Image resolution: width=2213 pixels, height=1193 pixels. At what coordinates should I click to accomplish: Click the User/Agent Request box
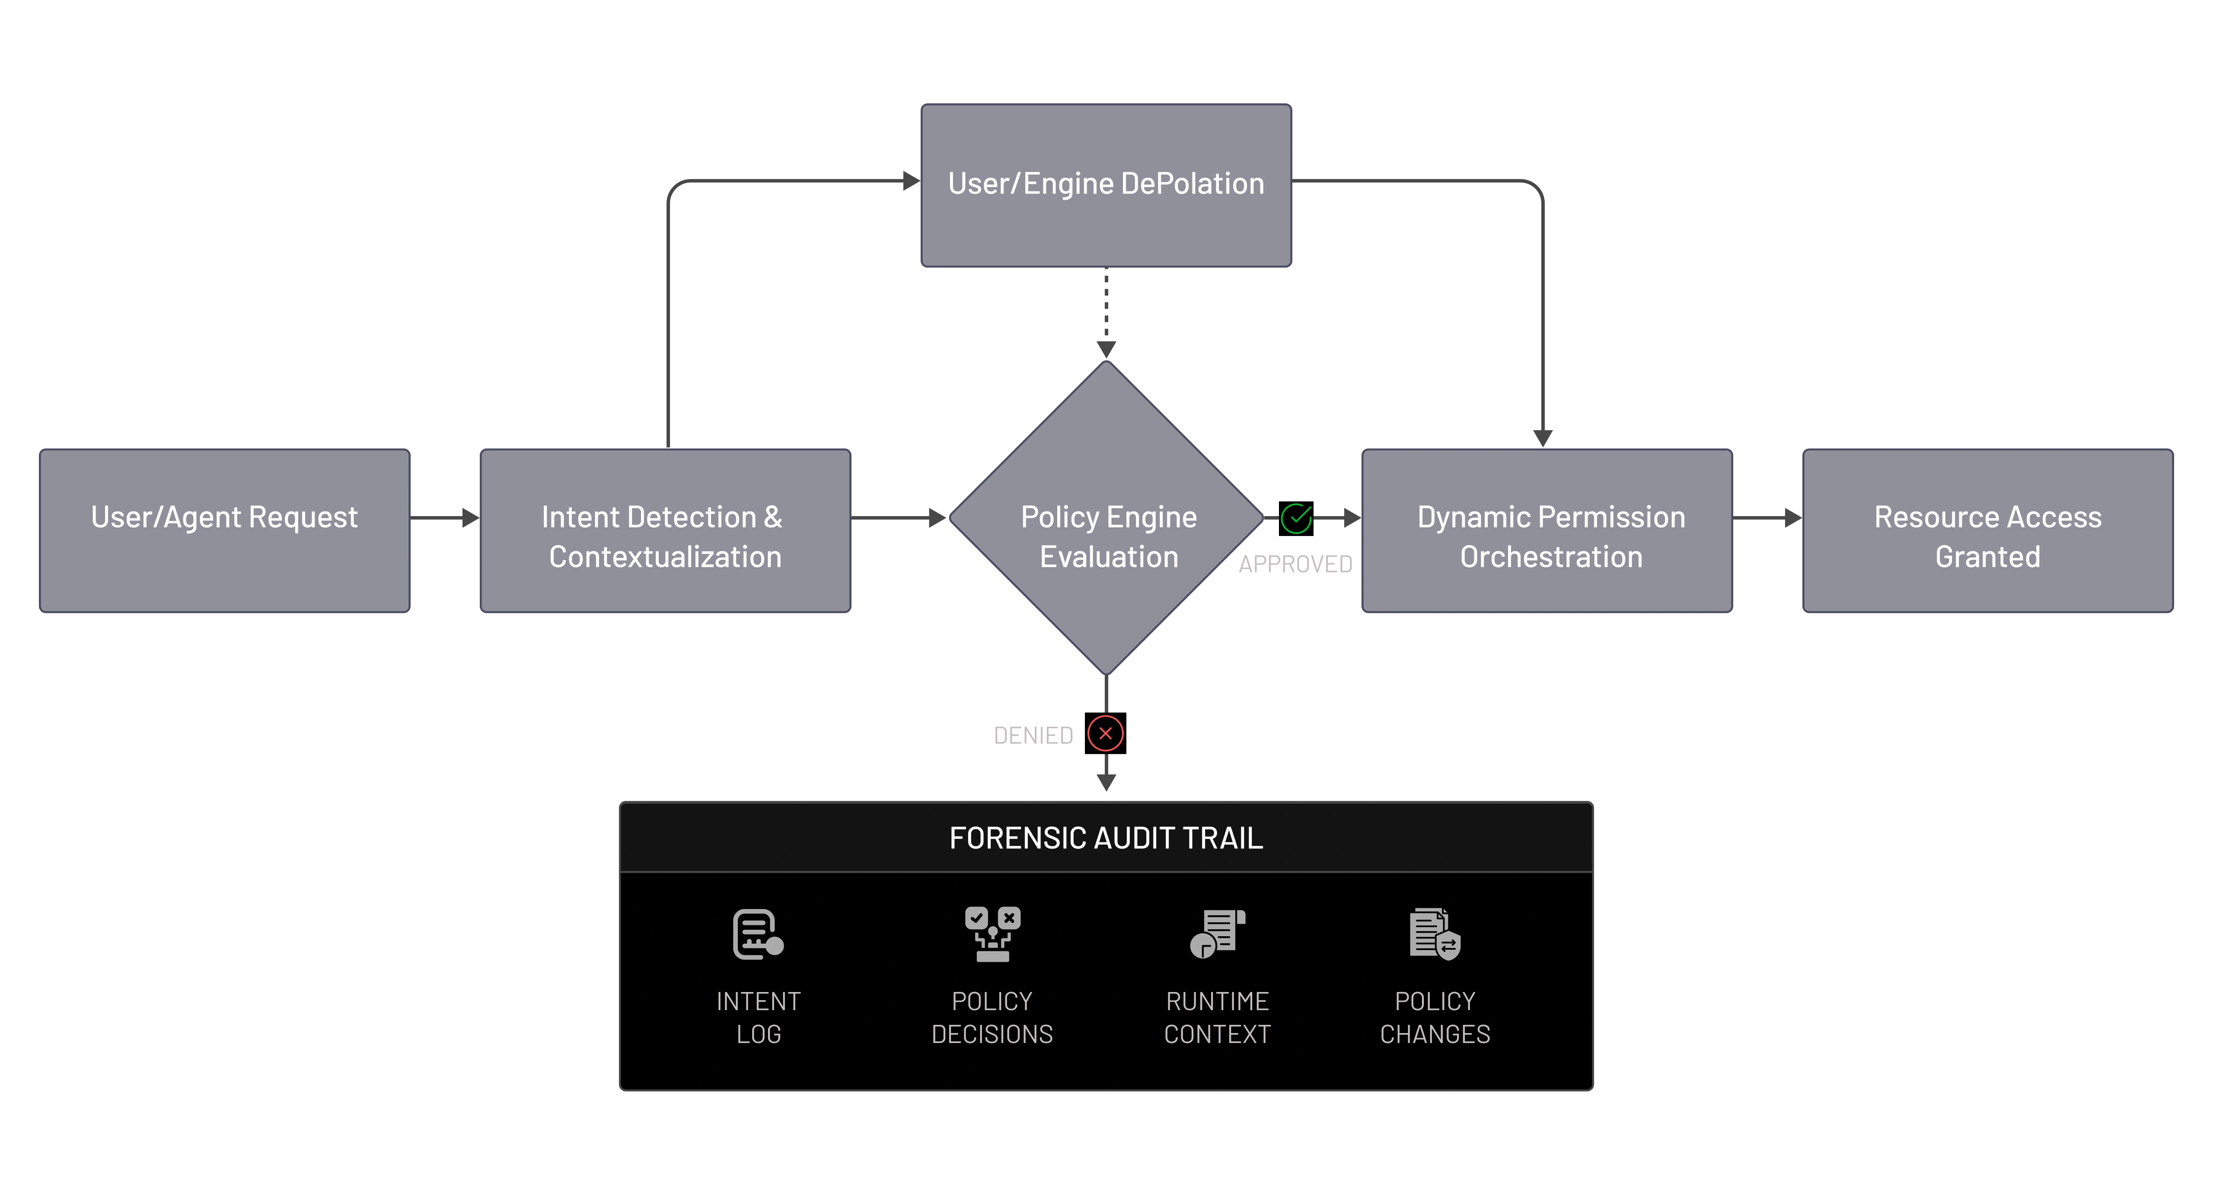coord(224,530)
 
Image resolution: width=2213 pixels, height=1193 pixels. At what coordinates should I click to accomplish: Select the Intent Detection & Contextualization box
coord(665,530)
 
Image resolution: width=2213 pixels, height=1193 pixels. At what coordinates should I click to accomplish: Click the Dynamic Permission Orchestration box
coord(1547,530)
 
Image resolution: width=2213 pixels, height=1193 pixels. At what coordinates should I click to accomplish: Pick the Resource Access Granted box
coord(1987,530)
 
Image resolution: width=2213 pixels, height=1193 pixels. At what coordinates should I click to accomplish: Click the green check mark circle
coord(1295,518)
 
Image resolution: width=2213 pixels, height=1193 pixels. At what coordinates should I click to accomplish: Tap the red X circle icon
coord(1106,734)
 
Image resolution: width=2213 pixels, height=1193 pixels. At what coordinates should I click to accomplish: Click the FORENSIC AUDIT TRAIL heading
coord(1106,837)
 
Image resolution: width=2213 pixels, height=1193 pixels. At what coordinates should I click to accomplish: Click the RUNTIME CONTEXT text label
coord(1217,1018)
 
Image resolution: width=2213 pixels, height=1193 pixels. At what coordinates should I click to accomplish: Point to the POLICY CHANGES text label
coord(1435,1018)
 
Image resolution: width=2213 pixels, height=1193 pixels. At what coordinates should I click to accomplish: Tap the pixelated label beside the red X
coord(1033,736)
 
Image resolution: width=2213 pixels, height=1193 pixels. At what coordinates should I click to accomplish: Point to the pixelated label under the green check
coord(1295,563)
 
